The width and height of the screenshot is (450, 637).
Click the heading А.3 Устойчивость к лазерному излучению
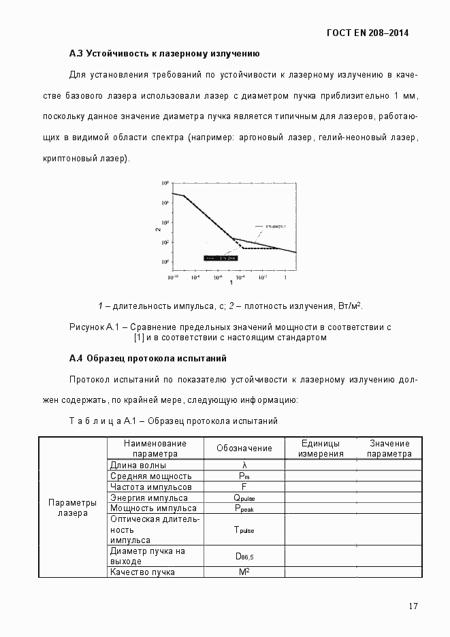tap(164, 53)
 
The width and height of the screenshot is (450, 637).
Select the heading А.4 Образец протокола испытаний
tap(148, 358)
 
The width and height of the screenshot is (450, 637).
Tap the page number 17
tap(413, 606)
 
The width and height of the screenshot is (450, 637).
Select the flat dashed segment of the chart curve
tap(259, 248)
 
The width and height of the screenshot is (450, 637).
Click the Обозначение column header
tap(244, 448)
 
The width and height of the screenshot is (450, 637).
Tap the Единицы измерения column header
tap(320, 448)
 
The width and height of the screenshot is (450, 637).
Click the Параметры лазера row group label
tap(72, 508)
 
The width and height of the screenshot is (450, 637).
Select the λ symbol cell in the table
tap(244, 465)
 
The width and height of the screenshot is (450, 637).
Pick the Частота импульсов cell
tap(150, 487)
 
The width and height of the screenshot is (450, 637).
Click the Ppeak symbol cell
tap(244, 508)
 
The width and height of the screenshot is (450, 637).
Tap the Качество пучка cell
tap(142, 572)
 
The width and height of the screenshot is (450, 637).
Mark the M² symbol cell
tap(244, 572)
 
